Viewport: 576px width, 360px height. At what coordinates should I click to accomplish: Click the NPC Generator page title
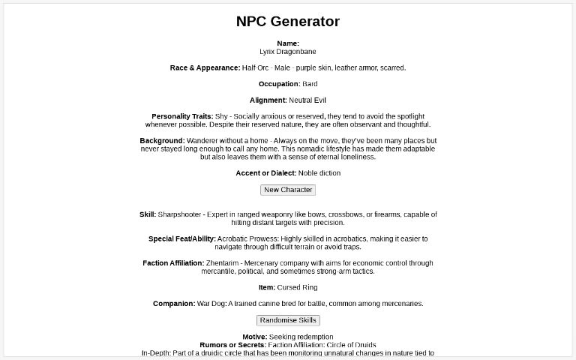point(288,22)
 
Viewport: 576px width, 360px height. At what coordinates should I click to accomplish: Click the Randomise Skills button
point(288,320)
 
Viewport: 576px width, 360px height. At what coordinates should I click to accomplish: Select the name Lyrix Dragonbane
point(288,52)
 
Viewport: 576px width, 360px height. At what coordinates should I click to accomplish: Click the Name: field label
point(288,43)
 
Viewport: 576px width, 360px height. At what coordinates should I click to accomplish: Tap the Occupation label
point(279,84)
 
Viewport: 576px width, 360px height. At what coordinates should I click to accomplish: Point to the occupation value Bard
point(310,84)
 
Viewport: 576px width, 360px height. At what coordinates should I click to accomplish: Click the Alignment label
point(268,100)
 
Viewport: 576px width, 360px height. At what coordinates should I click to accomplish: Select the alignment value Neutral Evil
point(307,100)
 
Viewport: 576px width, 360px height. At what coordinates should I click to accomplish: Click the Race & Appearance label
point(205,68)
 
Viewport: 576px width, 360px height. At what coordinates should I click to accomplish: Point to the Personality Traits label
point(182,116)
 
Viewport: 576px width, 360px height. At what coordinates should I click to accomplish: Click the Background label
point(162,141)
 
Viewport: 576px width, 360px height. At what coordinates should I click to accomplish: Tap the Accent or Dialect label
point(265,173)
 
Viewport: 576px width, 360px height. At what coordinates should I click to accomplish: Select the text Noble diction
point(319,173)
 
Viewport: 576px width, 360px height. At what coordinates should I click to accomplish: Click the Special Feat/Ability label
point(182,239)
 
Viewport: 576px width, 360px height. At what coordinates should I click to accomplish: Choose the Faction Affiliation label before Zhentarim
point(173,263)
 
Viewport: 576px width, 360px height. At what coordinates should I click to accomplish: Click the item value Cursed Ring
point(298,287)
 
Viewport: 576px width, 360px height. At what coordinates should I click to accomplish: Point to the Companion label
point(173,304)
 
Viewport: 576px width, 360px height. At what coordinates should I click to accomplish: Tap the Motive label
point(254,337)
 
